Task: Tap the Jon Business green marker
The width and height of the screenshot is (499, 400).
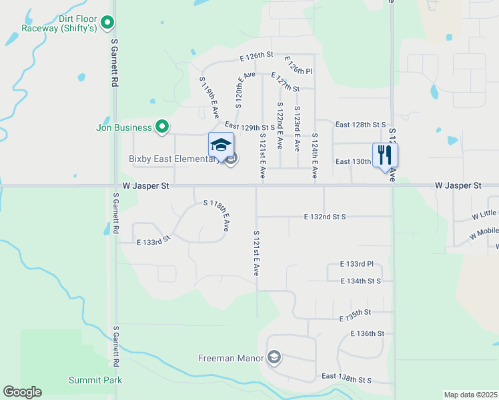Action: (x=161, y=126)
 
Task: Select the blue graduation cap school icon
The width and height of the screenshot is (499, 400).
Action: (x=221, y=145)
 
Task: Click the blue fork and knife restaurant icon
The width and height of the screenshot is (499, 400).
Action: (x=385, y=155)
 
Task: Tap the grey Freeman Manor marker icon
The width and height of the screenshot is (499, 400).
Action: (x=274, y=358)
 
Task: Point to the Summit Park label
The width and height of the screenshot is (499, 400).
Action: (x=95, y=380)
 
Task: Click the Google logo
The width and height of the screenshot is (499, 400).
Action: (x=22, y=392)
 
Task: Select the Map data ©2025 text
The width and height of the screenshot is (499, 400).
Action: (x=470, y=395)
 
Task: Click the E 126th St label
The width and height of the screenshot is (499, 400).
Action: (x=258, y=55)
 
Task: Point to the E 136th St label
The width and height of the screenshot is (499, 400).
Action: (x=367, y=333)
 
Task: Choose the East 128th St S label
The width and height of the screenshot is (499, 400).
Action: (x=361, y=125)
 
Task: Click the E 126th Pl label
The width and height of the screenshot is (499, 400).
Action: (x=298, y=66)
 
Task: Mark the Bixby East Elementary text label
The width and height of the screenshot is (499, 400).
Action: (x=173, y=159)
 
